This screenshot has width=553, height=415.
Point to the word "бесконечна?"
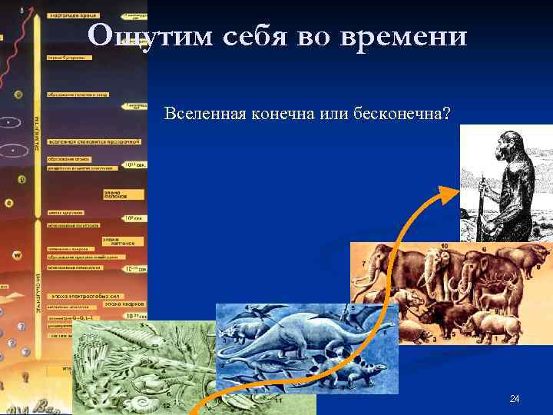click(402, 114)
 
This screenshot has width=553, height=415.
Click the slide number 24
click(515, 398)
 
